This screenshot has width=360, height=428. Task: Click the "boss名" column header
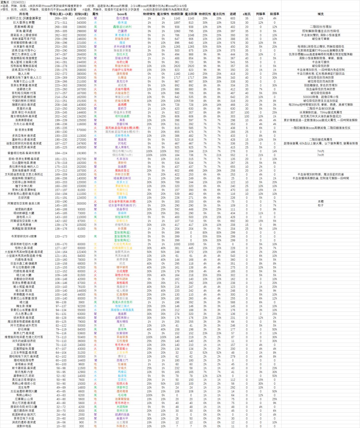tap(122, 14)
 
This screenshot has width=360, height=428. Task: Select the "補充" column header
tap(320, 14)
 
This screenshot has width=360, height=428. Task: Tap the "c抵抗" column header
tap(247, 14)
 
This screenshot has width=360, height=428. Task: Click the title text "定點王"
tap(6, 2)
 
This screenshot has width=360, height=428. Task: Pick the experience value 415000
tap(81, 19)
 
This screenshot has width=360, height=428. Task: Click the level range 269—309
tap(61, 19)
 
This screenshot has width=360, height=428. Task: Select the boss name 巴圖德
tap(122, 31)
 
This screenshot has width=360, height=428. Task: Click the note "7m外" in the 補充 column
tap(320, 155)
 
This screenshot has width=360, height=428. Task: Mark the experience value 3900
tap(81, 302)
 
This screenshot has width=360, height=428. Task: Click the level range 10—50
tap(61, 426)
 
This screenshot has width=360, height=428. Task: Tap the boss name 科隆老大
tap(122, 426)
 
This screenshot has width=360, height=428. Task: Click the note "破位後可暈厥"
tap(320, 39)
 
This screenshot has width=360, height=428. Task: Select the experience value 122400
tap(81, 252)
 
